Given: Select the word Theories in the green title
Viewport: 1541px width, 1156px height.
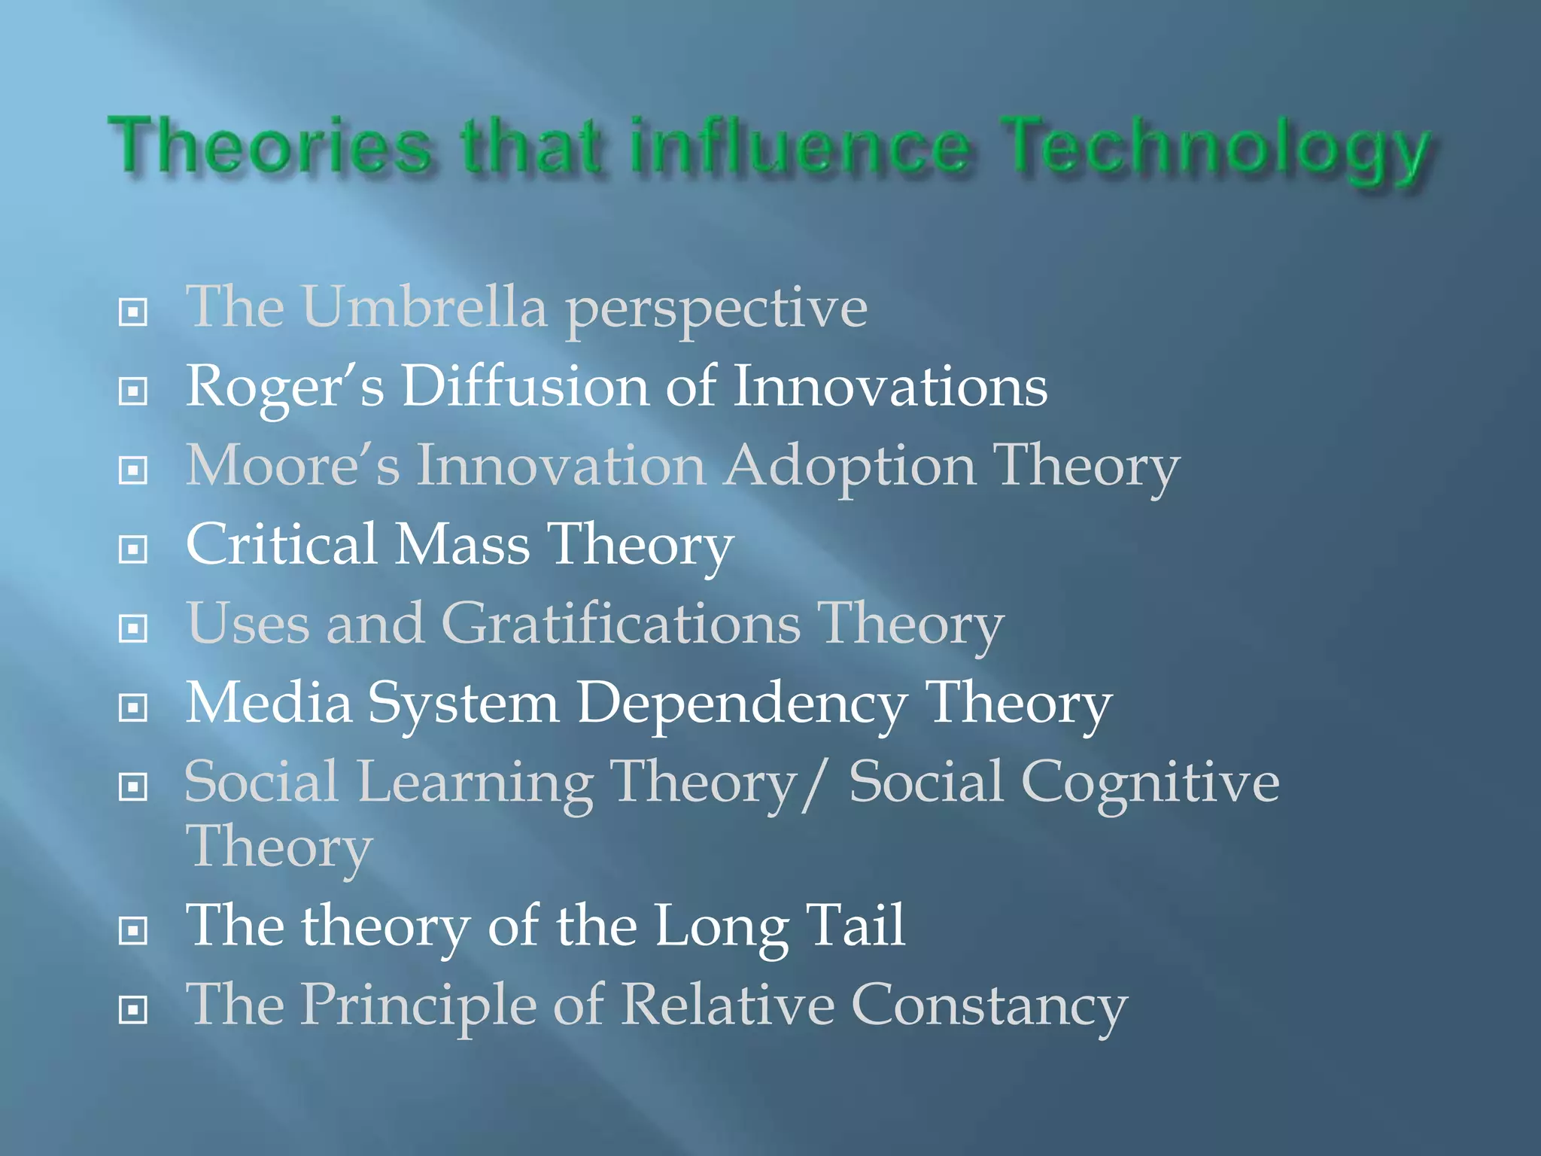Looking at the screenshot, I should (x=270, y=146).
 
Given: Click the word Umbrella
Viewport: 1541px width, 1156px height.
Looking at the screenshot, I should (x=424, y=308).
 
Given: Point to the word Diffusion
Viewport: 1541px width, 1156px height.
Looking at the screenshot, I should (x=524, y=387).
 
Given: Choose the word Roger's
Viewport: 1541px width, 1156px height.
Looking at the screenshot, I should (x=284, y=388).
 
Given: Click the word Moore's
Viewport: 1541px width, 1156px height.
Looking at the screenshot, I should (x=293, y=466).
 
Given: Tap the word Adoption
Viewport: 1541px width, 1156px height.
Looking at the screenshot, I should (x=850, y=467).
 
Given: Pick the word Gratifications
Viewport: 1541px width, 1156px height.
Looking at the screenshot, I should (x=621, y=624).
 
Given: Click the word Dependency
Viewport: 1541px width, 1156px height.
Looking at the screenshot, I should (x=742, y=704).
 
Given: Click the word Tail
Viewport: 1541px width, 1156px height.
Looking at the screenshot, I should (x=855, y=926).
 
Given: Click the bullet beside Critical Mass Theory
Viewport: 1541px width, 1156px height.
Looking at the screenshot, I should (x=133, y=549).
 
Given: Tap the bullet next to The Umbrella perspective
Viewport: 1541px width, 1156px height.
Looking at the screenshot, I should (x=133, y=312).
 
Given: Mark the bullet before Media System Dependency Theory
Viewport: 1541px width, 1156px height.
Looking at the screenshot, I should (x=133, y=707).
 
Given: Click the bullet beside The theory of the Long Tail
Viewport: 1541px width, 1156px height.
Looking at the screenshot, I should (x=133, y=931).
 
